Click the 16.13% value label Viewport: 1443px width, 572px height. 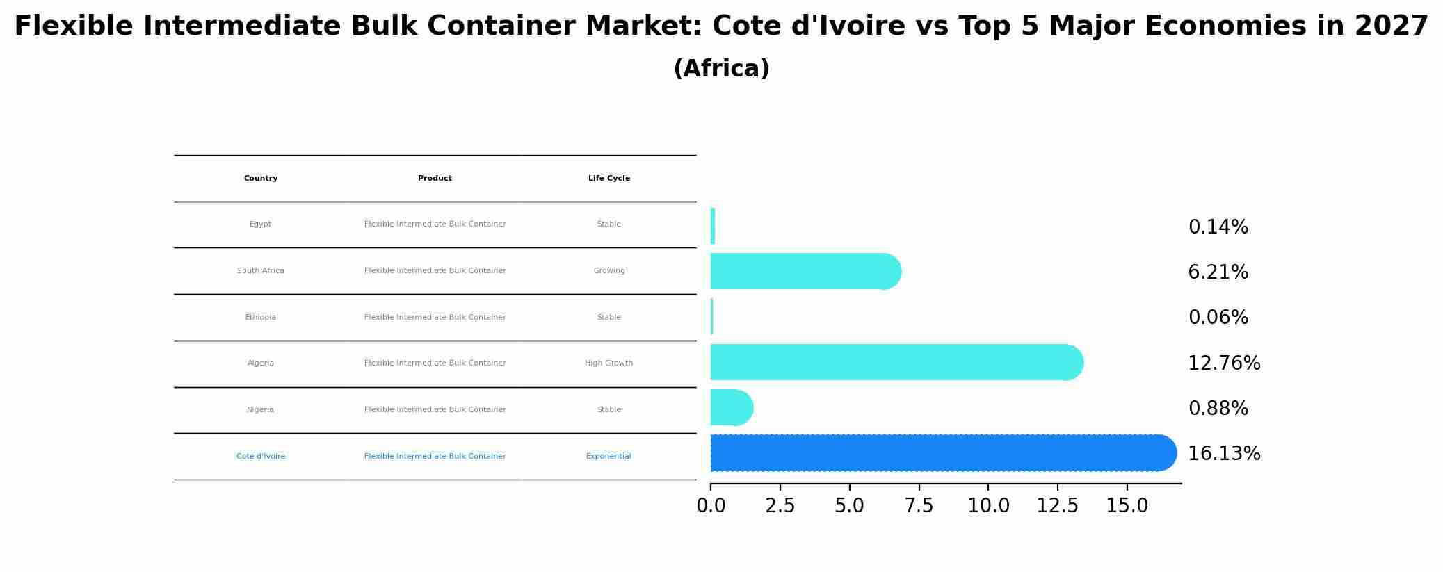pos(1224,454)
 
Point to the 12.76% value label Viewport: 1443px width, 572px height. pos(1224,363)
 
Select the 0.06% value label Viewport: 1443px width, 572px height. pos(1218,318)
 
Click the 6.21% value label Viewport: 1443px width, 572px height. pos(1218,272)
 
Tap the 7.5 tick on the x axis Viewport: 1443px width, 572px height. pos(919,506)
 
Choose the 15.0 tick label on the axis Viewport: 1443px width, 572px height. pos(1127,506)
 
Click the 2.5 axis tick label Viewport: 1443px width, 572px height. pos(780,506)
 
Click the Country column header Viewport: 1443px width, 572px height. pos(261,179)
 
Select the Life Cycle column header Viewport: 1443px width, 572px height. pos(609,179)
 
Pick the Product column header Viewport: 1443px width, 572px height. pos(435,179)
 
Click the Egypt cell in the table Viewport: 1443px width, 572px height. pos(260,224)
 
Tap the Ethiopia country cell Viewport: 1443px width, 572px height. pos(260,318)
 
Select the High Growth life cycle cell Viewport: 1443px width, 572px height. pos(608,363)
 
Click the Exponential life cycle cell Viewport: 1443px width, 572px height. pos(608,457)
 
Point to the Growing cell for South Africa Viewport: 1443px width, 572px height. pos(609,271)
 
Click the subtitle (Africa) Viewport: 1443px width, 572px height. pos(721,69)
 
